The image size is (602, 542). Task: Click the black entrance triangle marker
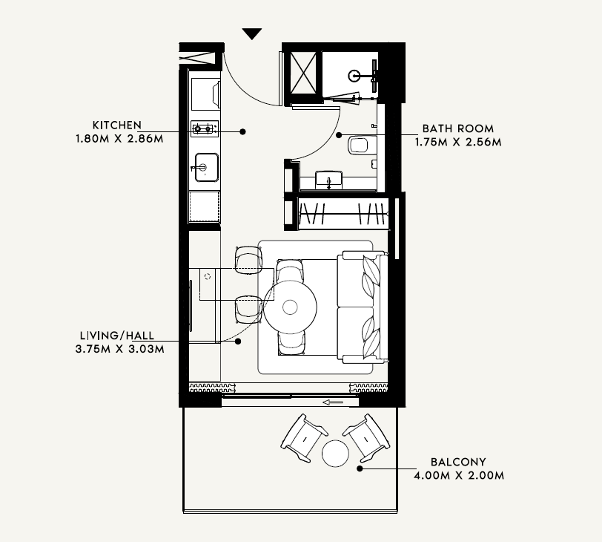252,33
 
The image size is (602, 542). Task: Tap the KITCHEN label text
116,125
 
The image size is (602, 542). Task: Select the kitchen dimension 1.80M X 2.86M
119,138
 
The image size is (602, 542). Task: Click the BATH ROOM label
458,128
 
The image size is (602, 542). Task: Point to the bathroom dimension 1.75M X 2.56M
458,142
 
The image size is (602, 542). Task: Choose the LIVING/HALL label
117,336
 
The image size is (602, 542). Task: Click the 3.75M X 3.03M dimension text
120,349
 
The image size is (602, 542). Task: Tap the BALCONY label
458,462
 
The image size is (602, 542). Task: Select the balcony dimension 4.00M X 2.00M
459,475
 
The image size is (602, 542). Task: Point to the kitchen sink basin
207,167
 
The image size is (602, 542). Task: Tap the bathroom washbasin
328,180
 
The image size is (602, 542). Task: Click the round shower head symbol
354,76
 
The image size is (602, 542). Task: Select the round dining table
290,307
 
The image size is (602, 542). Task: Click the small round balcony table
335,454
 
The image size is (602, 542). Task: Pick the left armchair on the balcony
303,438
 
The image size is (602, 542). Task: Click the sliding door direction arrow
332,402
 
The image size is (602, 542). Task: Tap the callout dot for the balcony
360,468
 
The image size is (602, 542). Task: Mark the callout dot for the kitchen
242,131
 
